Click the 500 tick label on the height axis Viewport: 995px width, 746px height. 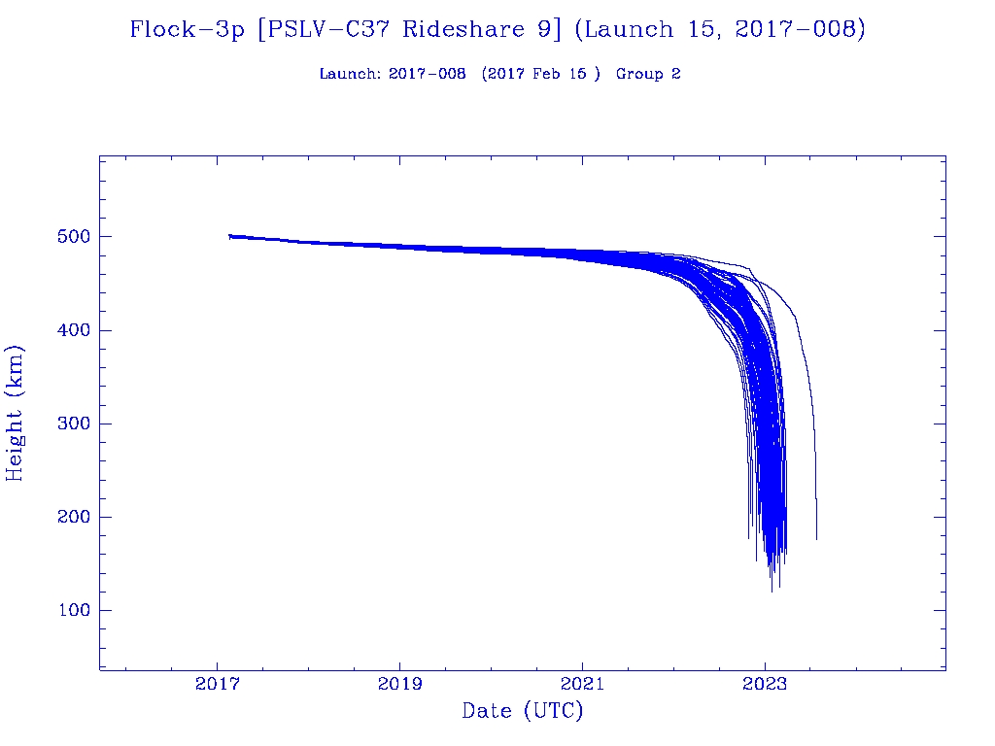[70, 237]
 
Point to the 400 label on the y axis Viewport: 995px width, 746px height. [70, 330]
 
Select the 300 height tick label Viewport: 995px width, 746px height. [70, 424]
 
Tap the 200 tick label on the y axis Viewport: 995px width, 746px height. [70, 517]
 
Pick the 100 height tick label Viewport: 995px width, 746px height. [70, 610]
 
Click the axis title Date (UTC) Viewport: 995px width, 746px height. [523, 711]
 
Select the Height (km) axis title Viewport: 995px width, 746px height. [15, 413]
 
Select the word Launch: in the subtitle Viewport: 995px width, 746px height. [350, 74]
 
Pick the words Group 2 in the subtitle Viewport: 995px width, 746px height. [648, 74]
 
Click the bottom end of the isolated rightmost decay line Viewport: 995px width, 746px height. [816, 538]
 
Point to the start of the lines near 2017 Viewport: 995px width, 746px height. [229, 236]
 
